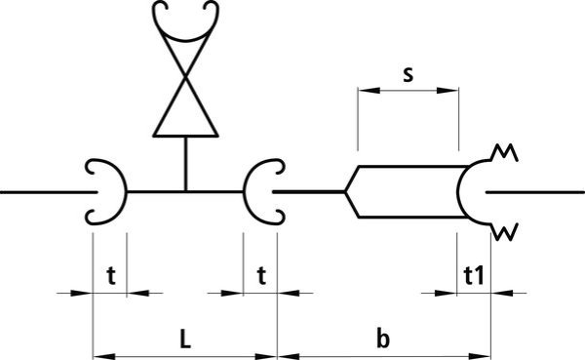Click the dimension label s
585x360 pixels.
(409, 75)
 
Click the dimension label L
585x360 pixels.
(185, 340)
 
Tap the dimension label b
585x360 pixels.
(383, 339)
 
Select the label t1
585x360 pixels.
(474, 276)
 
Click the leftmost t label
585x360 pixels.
(111, 276)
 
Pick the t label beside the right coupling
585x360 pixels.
(261, 276)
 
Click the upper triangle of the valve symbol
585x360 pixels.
(185, 53)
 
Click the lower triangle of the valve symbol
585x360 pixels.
(185, 112)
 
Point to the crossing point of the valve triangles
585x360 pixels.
(185, 77)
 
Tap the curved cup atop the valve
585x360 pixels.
(185, 38)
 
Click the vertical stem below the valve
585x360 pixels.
(185, 164)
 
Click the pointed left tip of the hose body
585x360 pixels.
(345, 192)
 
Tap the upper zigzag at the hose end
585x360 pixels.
(504, 152)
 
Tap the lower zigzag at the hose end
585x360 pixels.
(504, 232)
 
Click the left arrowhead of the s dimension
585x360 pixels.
(369, 91)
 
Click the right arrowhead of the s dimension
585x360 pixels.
(448, 91)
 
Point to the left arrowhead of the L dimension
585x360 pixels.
(103, 357)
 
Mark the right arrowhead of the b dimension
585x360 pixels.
(480, 357)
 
